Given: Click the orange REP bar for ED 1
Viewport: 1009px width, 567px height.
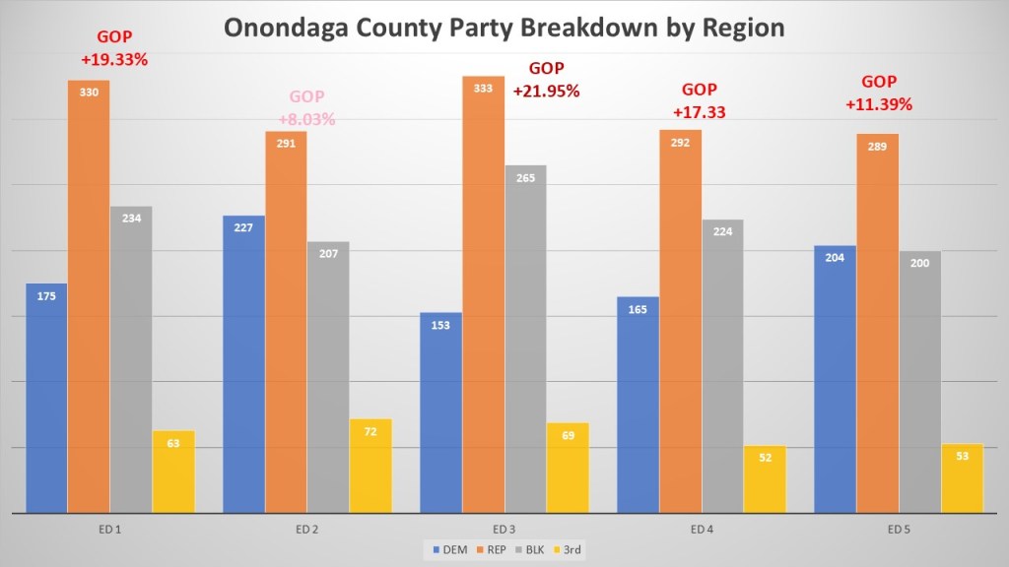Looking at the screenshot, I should click(89, 295).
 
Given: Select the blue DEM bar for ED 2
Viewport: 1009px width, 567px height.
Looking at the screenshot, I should click(243, 364).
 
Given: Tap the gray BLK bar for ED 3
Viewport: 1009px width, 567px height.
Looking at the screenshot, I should click(525, 339).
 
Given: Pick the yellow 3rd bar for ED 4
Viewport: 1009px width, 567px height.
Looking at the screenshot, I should click(765, 479).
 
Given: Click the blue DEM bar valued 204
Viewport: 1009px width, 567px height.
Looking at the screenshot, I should click(835, 379).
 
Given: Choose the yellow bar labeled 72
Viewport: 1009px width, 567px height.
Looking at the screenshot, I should click(370, 466).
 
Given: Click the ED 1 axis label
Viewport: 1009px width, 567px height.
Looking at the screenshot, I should click(109, 530).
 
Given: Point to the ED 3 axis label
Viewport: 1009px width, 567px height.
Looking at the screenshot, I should click(504, 530).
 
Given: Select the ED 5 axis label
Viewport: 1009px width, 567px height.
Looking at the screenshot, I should click(898, 530).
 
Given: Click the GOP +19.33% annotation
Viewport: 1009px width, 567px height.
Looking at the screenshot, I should click(114, 49).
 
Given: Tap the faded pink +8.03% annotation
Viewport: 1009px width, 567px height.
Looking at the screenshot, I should click(306, 120).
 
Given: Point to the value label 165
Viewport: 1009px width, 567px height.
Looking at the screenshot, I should click(638, 310).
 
